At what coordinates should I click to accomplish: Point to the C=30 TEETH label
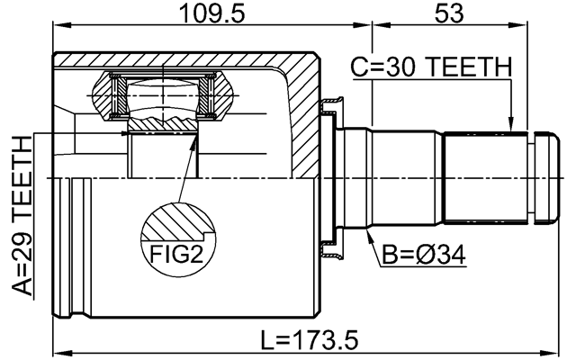431,67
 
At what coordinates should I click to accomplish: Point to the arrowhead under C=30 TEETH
510,128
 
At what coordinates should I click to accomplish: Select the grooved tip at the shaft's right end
544,177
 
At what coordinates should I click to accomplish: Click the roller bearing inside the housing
162,99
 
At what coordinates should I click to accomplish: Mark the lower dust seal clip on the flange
331,250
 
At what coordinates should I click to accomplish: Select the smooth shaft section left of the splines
405,177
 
